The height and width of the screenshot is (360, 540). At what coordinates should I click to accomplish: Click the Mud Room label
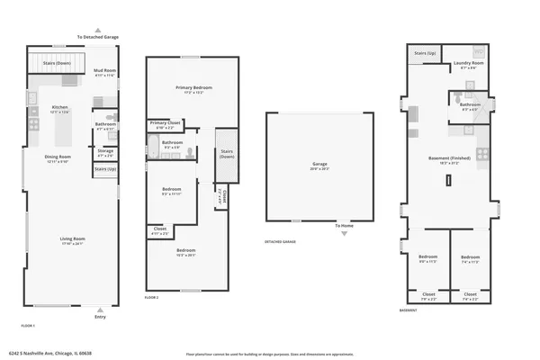104,70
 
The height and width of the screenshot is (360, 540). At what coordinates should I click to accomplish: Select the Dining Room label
58,157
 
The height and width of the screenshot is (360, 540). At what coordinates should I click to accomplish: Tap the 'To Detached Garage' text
98,37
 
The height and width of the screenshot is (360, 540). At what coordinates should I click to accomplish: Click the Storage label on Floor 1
105,151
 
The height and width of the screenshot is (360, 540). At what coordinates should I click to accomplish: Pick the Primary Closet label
165,123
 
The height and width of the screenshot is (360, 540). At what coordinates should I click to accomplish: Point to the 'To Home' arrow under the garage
341,233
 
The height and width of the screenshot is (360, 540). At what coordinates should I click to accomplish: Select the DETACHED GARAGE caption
281,242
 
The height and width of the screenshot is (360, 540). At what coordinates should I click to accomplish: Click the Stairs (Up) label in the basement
426,54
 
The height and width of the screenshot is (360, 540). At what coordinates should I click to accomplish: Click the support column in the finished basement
447,179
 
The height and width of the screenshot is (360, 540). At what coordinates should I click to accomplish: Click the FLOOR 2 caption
152,297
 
